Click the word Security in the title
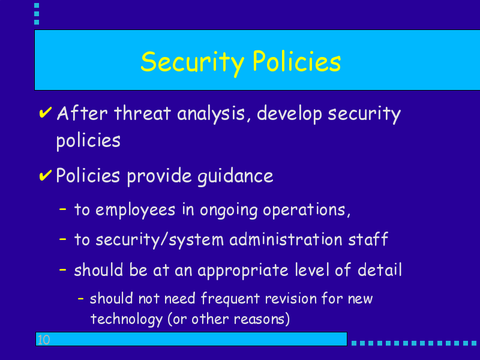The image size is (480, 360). click(192, 63)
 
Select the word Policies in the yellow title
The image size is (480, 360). click(296, 61)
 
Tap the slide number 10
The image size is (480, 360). click(43, 340)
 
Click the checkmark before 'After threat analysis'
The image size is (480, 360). click(46, 112)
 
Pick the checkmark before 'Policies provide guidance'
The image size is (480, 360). click(46, 175)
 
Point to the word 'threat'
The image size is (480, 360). click(142, 113)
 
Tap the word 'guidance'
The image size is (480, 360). click(235, 177)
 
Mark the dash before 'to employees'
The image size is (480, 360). click(63, 209)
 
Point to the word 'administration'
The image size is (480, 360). click(286, 239)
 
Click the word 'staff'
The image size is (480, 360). click(368, 239)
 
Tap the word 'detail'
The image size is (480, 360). click(380, 269)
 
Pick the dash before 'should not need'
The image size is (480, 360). click(81, 298)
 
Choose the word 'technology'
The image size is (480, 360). click(127, 320)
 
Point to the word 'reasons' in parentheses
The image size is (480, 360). click(259, 319)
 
